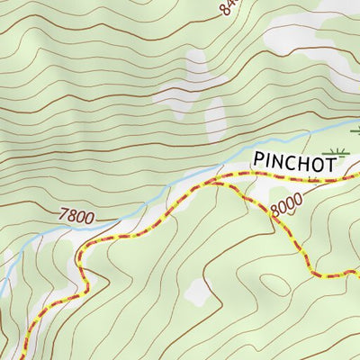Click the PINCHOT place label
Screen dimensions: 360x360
294,162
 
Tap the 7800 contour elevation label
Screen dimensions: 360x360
76,216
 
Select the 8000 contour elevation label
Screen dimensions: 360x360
285,206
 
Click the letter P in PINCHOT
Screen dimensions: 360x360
259,162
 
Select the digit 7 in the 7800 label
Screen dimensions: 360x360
62,217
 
